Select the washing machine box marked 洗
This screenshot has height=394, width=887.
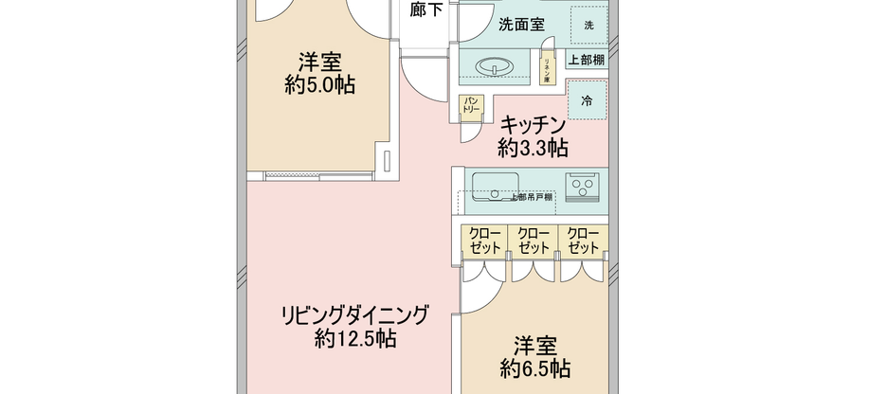(589, 25)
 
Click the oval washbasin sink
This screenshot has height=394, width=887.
(492, 67)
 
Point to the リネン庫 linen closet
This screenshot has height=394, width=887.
(547, 68)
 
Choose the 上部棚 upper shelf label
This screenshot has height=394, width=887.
(588, 59)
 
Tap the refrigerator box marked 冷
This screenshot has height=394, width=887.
(588, 99)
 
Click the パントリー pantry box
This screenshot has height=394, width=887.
(471, 106)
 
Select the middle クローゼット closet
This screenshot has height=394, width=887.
(534, 241)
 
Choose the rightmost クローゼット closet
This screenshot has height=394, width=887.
(583, 241)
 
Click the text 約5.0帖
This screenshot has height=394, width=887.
(319, 85)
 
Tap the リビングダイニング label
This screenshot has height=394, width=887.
(354, 314)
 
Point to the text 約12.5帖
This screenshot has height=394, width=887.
(354, 338)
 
